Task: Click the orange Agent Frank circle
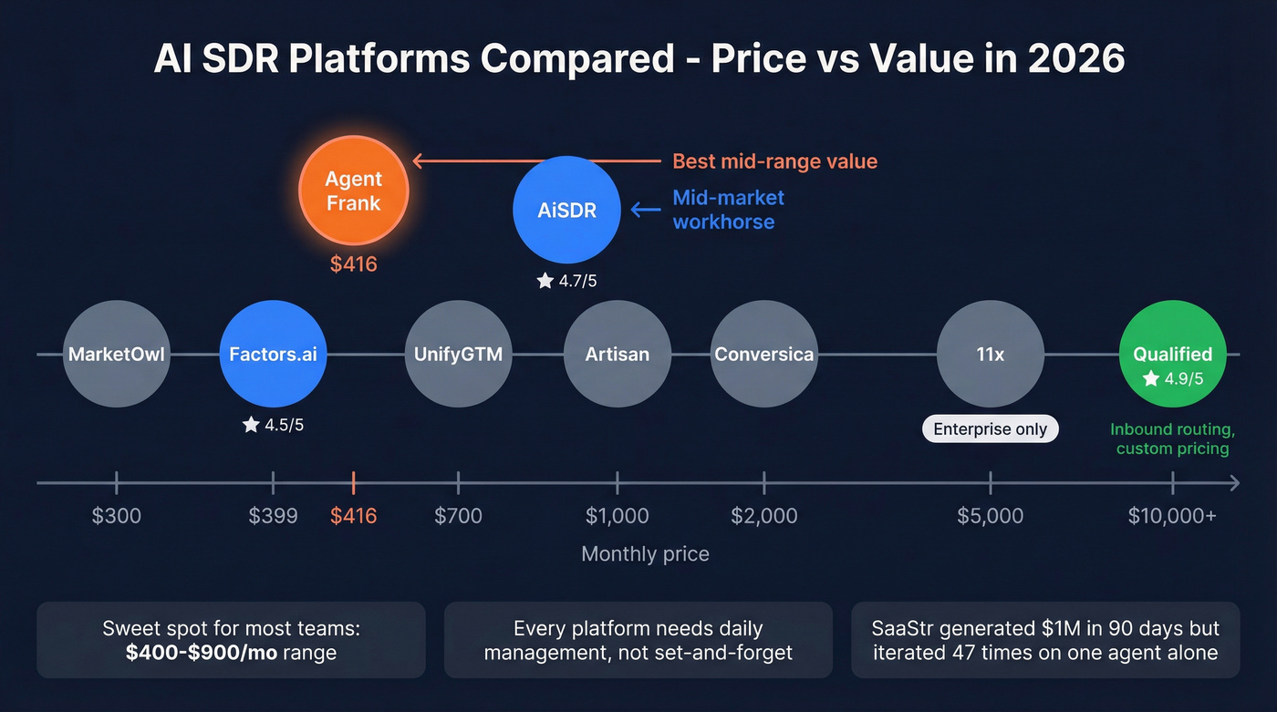click(x=354, y=191)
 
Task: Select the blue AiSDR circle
click(x=566, y=210)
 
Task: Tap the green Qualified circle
click(x=1172, y=355)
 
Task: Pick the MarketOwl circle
click(x=117, y=355)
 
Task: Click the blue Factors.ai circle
click(x=273, y=355)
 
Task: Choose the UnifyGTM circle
click(x=458, y=355)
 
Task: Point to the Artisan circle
click(x=618, y=355)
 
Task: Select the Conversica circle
click(x=763, y=355)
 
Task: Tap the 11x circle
click(x=991, y=355)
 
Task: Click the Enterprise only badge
click(x=991, y=428)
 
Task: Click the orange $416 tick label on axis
click(x=353, y=516)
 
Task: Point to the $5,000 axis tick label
click(x=991, y=516)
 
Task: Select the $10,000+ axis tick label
click(x=1172, y=516)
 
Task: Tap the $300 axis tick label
click(x=117, y=516)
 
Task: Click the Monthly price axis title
click(x=645, y=553)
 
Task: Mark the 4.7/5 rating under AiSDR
click(x=566, y=281)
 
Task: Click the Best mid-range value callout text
click(x=774, y=161)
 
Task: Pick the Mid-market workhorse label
click(x=728, y=210)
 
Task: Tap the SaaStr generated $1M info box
click(x=1045, y=640)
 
